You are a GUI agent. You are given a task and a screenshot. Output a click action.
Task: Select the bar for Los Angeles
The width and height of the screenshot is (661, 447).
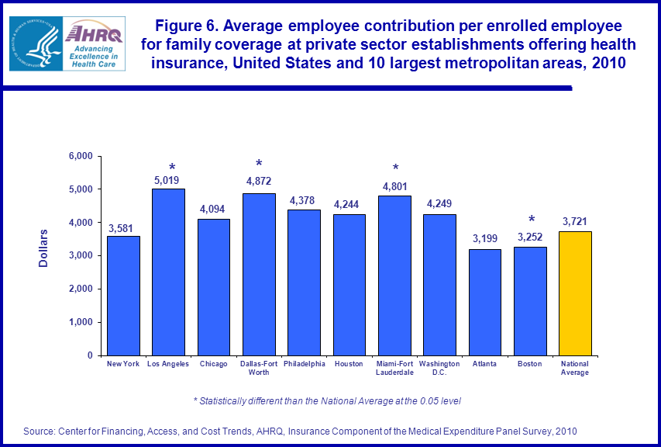tap(168, 272)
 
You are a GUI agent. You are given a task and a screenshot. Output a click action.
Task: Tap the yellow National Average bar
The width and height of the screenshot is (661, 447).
tap(575, 293)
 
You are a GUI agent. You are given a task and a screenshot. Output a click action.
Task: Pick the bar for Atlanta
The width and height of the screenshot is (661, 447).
tap(484, 302)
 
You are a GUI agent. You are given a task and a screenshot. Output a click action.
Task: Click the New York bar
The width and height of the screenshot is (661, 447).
tap(123, 296)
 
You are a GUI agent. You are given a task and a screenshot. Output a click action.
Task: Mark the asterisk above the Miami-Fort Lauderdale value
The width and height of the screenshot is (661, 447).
tap(395, 168)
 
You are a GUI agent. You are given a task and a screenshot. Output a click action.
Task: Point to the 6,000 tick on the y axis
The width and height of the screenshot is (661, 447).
tap(81, 156)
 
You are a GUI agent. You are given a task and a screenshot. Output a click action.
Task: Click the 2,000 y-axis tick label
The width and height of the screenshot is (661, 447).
tap(81, 289)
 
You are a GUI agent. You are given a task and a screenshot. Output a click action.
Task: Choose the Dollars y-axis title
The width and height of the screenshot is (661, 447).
tap(44, 248)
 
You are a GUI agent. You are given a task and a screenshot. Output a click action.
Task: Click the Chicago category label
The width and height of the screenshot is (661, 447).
tap(213, 364)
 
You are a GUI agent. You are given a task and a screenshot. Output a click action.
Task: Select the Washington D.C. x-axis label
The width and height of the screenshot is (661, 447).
tap(439, 368)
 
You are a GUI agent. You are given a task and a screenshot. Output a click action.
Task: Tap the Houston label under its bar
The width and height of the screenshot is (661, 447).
tap(349, 364)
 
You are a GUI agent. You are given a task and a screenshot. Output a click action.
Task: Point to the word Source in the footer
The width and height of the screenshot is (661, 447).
tap(38, 431)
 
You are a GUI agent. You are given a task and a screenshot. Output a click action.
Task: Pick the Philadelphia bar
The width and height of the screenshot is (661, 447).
tap(304, 282)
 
